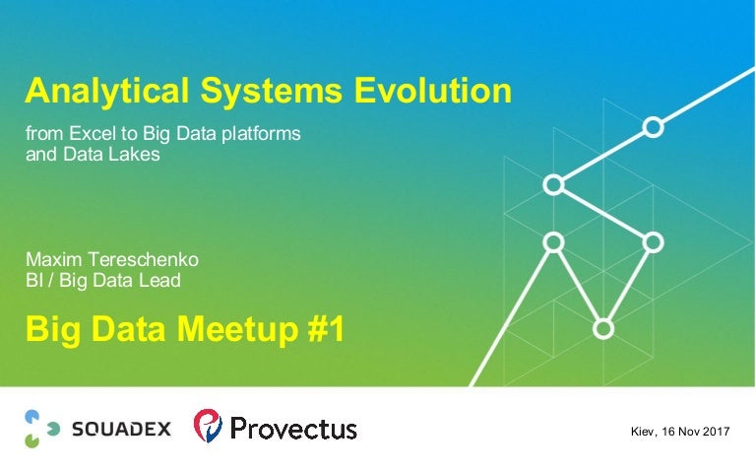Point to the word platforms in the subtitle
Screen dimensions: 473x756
[262, 133]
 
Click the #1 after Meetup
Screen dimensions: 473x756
[321, 330]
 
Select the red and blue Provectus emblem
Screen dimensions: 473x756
[208, 427]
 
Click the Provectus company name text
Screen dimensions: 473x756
[292, 429]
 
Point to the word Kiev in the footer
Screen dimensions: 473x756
[645, 432]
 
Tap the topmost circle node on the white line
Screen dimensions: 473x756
[652, 127]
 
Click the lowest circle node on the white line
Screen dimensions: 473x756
[603, 327]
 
